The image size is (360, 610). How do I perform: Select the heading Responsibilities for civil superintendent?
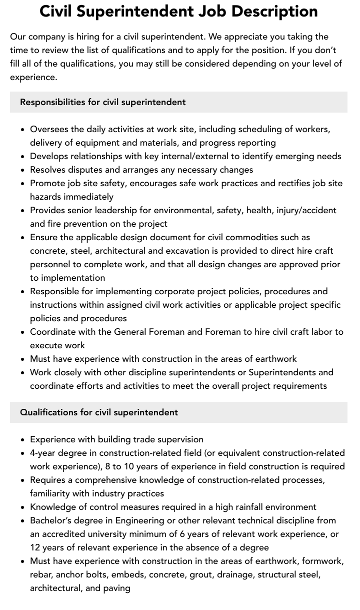pyautogui.click(x=103, y=102)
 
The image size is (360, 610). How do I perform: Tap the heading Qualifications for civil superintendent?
pyautogui.click(x=99, y=412)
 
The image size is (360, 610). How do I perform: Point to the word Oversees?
pyautogui.click(x=49, y=129)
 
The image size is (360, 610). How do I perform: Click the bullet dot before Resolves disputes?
pyautogui.click(x=23, y=170)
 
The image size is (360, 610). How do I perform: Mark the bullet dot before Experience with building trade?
pyautogui.click(x=23, y=439)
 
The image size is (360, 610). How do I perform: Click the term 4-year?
pyautogui.click(x=43, y=453)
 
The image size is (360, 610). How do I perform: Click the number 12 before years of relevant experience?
pyautogui.click(x=35, y=547)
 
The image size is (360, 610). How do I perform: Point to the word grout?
pyautogui.click(x=200, y=574)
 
